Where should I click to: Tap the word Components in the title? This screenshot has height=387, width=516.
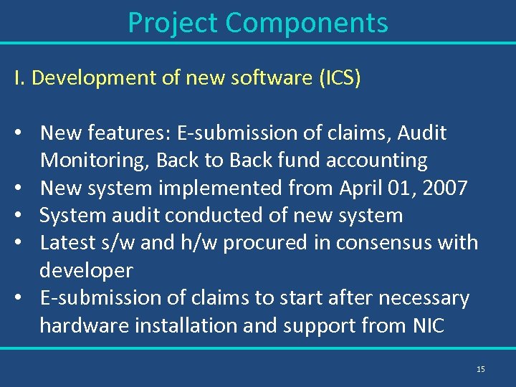(307, 23)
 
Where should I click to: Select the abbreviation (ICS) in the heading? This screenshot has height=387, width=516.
(340, 78)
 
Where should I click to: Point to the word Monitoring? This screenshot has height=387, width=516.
(95, 161)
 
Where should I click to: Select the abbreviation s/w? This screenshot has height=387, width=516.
(115, 243)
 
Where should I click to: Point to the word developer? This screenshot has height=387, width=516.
(86, 271)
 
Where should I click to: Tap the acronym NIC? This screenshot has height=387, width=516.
(428, 325)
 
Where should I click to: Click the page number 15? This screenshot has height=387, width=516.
(480, 369)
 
